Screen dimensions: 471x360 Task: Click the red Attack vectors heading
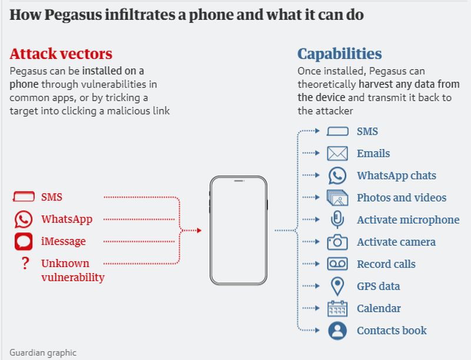(61, 54)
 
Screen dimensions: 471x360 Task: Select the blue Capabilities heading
(340, 54)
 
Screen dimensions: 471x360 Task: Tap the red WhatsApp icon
(24, 219)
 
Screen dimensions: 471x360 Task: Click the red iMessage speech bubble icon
(24, 241)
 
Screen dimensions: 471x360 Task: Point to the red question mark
(25, 264)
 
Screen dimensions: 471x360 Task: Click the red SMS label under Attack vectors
(52, 197)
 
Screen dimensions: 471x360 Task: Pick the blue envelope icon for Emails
(337, 154)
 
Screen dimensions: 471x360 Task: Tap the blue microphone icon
(337, 219)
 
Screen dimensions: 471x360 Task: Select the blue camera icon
(337, 242)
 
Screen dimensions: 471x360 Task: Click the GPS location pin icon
(337, 286)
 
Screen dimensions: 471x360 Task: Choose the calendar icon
(337, 308)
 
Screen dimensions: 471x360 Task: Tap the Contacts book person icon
(337, 331)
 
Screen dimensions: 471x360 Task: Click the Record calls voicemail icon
(337, 264)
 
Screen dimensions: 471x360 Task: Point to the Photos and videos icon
(337, 198)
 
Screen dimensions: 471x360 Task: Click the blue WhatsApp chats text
(396, 175)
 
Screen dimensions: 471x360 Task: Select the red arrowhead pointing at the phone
(199, 231)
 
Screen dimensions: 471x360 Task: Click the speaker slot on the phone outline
(239, 181)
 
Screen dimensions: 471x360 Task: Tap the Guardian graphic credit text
(43, 353)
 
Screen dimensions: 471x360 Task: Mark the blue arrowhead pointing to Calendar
(318, 308)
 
